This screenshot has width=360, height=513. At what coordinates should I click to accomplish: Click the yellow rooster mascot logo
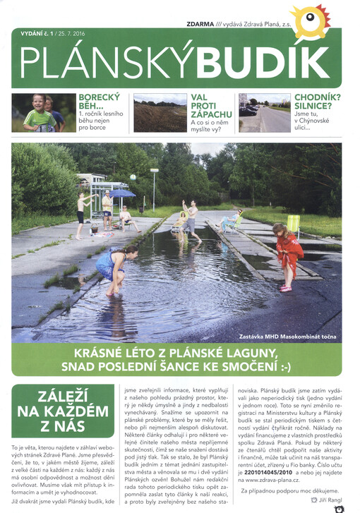pyautogui.click(x=310, y=20)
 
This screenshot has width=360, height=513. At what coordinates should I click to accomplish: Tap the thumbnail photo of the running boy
pyautogui.click(x=44, y=112)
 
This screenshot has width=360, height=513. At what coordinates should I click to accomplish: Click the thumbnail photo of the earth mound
pyautogui.click(x=160, y=113)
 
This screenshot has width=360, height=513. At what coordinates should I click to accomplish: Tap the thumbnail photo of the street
pyautogui.click(x=264, y=113)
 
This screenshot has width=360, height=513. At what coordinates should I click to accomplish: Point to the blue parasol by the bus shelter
pyautogui.click(x=121, y=193)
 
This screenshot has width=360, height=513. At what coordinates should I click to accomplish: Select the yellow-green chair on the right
pyautogui.click(x=292, y=224)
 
